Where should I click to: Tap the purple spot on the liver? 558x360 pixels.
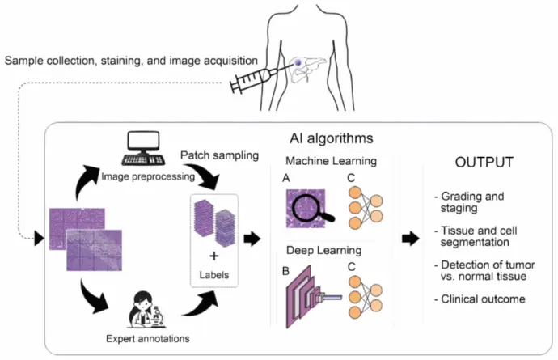[x=298, y=63]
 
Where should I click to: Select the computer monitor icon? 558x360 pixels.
[x=143, y=142]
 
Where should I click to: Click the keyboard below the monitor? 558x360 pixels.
[x=143, y=160]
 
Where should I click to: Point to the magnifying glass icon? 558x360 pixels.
[x=312, y=209]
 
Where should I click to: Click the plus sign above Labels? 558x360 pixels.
[x=213, y=256]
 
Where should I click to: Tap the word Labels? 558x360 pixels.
[x=213, y=275]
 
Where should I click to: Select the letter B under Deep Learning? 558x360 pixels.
[x=285, y=271]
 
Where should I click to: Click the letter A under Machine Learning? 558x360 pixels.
[x=286, y=178]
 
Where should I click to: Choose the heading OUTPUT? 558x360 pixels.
[x=484, y=163]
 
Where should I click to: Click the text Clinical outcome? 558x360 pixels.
[x=483, y=299]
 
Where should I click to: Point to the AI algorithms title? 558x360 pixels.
[x=332, y=138]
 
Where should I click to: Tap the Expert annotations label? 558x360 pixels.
[x=148, y=338]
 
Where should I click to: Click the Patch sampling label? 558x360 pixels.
[x=220, y=155]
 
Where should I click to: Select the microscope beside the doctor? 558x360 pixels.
[x=157, y=316]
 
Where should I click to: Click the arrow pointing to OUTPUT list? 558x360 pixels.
[x=411, y=238]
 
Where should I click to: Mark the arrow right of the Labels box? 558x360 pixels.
[x=252, y=238]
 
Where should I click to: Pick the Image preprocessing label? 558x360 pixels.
[x=148, y=176]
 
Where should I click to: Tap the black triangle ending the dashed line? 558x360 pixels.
[x=39, y=238]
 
